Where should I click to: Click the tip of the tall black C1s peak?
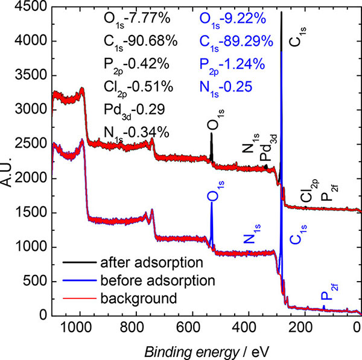pyautogui.click(x=281, y=11)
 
